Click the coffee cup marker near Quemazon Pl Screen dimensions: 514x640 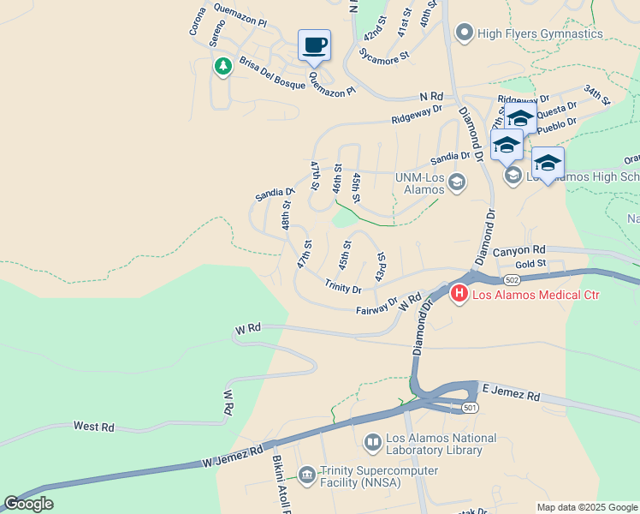[314, 45]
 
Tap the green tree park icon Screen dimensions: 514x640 [223, 66]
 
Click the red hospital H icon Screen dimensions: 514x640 [459, 295]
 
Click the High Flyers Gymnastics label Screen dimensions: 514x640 [540, 34]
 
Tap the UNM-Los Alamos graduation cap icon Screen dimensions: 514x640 [457, 182]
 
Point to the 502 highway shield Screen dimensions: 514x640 [512, 280]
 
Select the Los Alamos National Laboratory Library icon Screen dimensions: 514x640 [373, 443]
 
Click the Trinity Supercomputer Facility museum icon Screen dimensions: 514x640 [307, 472]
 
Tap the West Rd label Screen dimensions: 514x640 [93, 426]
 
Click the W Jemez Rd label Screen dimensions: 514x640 [233, 456]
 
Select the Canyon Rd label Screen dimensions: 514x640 [519, 251]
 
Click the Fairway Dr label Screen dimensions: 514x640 [376, 306]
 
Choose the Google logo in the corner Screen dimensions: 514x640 [28, 504]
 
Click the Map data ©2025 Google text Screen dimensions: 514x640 [586, 507]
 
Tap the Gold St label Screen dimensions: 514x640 [530, 263]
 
